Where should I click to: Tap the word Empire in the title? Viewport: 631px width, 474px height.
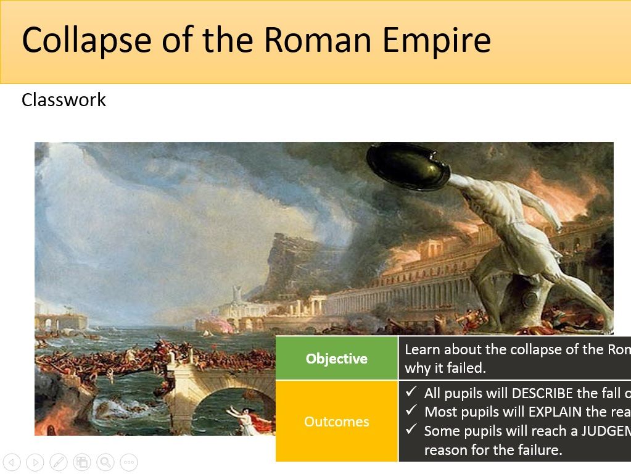tap(436, 40)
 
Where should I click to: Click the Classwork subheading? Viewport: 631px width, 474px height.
tap(64, 100)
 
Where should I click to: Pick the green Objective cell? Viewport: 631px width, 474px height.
tap(337, 359)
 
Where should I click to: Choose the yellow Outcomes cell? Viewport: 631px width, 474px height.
tap(337, 422)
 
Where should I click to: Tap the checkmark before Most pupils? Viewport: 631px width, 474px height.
tap(411, 411)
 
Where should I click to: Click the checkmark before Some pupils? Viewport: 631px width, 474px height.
tap(411, 430)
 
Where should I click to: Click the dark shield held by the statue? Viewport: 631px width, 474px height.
tap(407, 165)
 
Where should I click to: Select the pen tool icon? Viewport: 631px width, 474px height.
tap(59, 462)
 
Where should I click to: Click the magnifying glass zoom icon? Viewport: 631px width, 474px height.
tap(105, 462)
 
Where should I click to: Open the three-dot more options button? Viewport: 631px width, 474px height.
tap(128, 462)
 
